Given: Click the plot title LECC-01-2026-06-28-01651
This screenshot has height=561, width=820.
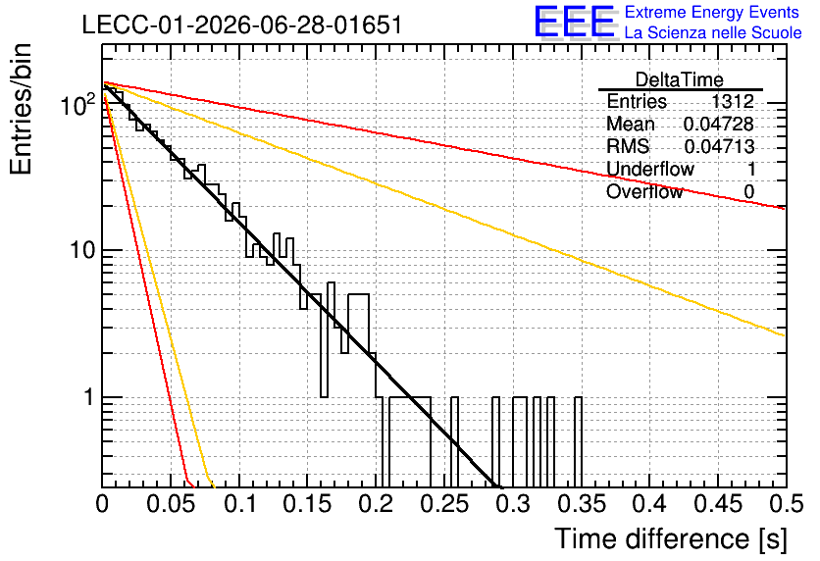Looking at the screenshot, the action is click(242, 25).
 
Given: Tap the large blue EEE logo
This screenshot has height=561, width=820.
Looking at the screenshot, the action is click(575, 22).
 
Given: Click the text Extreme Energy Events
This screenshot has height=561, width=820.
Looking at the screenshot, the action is click(712, 12).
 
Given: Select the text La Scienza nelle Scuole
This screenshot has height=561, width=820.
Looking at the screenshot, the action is click(713, 32).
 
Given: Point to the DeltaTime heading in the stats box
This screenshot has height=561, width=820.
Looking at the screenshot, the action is click(680, 79).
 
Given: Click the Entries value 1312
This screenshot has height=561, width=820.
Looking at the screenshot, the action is click(733, 101).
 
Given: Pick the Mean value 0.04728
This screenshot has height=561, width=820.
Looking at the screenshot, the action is click(719, 124).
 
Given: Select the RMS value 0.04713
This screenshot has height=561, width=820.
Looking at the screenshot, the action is click(719, 146).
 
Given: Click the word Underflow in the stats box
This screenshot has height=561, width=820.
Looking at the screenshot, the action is click(650, 169).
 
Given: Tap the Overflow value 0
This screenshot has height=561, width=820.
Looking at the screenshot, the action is click(748, 192).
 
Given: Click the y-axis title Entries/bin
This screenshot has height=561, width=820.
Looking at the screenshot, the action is click(21, 109).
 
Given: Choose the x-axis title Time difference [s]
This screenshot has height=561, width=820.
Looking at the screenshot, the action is click(671, 539).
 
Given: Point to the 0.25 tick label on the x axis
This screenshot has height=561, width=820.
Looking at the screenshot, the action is click(445, 504).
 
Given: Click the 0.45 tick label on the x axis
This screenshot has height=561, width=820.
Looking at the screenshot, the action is click(719, 504).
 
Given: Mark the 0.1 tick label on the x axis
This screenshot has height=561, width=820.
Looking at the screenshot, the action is click(239, 504).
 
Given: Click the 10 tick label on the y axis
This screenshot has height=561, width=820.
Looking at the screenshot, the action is click(82, 250).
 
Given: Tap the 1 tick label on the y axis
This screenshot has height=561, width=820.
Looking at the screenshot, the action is click(89, 397).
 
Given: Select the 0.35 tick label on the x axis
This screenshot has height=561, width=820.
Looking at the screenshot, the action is click(582, 504).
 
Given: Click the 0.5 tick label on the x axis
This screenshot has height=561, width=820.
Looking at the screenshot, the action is click(787, 504).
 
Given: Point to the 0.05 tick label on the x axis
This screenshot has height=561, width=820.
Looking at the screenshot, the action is click(171, 504).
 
